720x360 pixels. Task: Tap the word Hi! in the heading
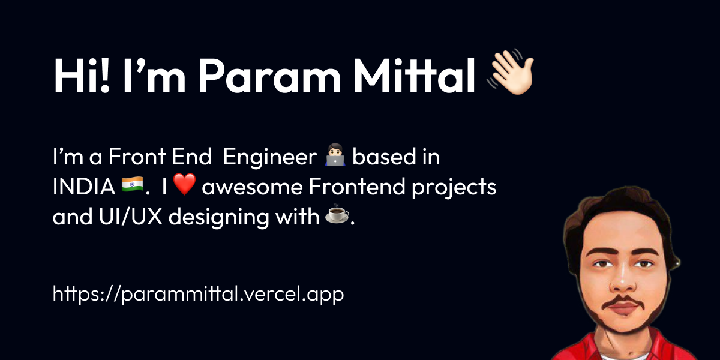82,77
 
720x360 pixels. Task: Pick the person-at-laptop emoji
334,158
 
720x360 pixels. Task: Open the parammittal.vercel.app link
198,295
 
